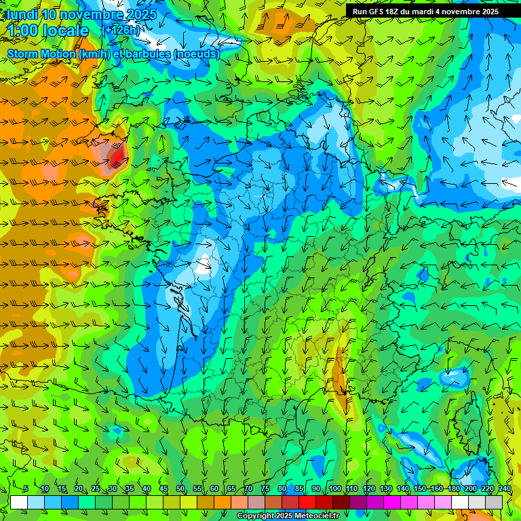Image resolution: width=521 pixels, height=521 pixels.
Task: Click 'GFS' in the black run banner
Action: (x=379, y=12)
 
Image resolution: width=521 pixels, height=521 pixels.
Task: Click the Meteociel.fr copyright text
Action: (x=297, y=516)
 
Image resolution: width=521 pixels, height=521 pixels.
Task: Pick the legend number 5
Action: (x=26, y=489)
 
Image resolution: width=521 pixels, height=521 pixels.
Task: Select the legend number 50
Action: (x=180, y=489)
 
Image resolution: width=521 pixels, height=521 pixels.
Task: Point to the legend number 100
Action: (x=334, y=489)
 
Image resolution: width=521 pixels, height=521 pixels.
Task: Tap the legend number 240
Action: (x=505, y=489)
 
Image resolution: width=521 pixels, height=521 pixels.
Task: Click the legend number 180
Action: (x=454, y=489)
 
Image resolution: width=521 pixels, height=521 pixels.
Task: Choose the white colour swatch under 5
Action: (x=19, y=502)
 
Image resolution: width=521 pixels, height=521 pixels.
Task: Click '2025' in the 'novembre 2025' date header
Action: (x=140, y=14)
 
